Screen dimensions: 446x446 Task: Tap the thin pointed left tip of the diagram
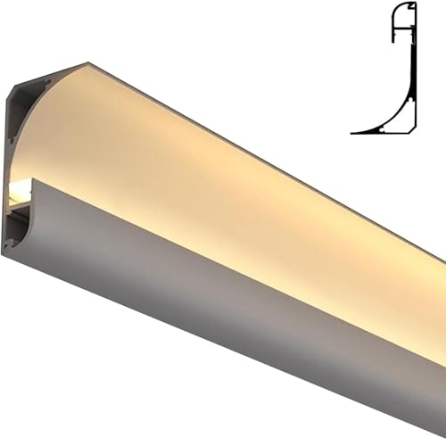(x=353, y=132)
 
